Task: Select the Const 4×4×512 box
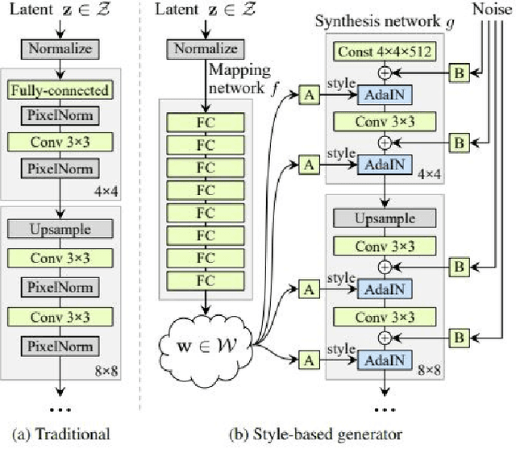tap(385, 52)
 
